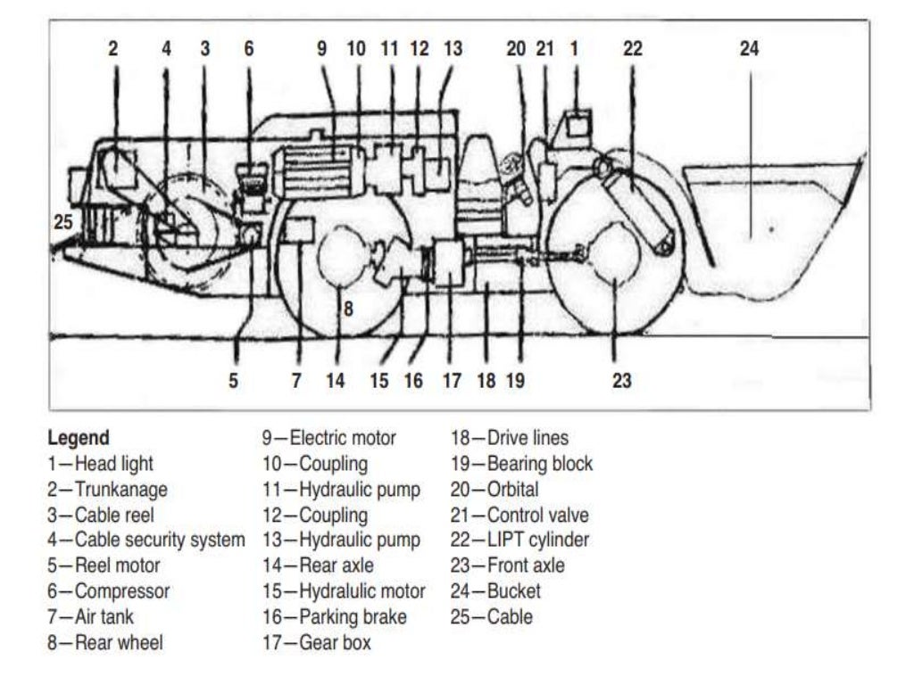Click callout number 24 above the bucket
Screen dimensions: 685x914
click(x=748, y=49)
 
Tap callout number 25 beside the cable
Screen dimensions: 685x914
click(x=62, y=223)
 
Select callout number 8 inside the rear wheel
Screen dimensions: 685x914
click(x=348, y=310)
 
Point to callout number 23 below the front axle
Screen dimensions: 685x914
click(x=621, y=381)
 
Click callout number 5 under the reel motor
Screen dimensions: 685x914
click(x=233, y=381)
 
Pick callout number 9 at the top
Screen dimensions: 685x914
click(x=321, y=49)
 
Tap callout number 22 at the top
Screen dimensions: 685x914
click(x=632, y=49)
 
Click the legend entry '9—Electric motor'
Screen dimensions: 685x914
click(x=328, y=438)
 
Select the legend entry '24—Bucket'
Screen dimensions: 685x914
click(x=495, y=590)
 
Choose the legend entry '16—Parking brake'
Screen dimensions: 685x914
click(x=334, y=616)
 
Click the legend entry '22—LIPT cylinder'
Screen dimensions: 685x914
click(x=519, y=540)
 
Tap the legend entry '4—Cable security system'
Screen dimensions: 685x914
click(x=145, y=540)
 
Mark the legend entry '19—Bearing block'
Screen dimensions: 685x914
click(x=521, y=464)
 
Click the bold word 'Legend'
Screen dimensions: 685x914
click(x=79, y=438)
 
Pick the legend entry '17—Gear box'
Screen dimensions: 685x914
click(x=316, y=642)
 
